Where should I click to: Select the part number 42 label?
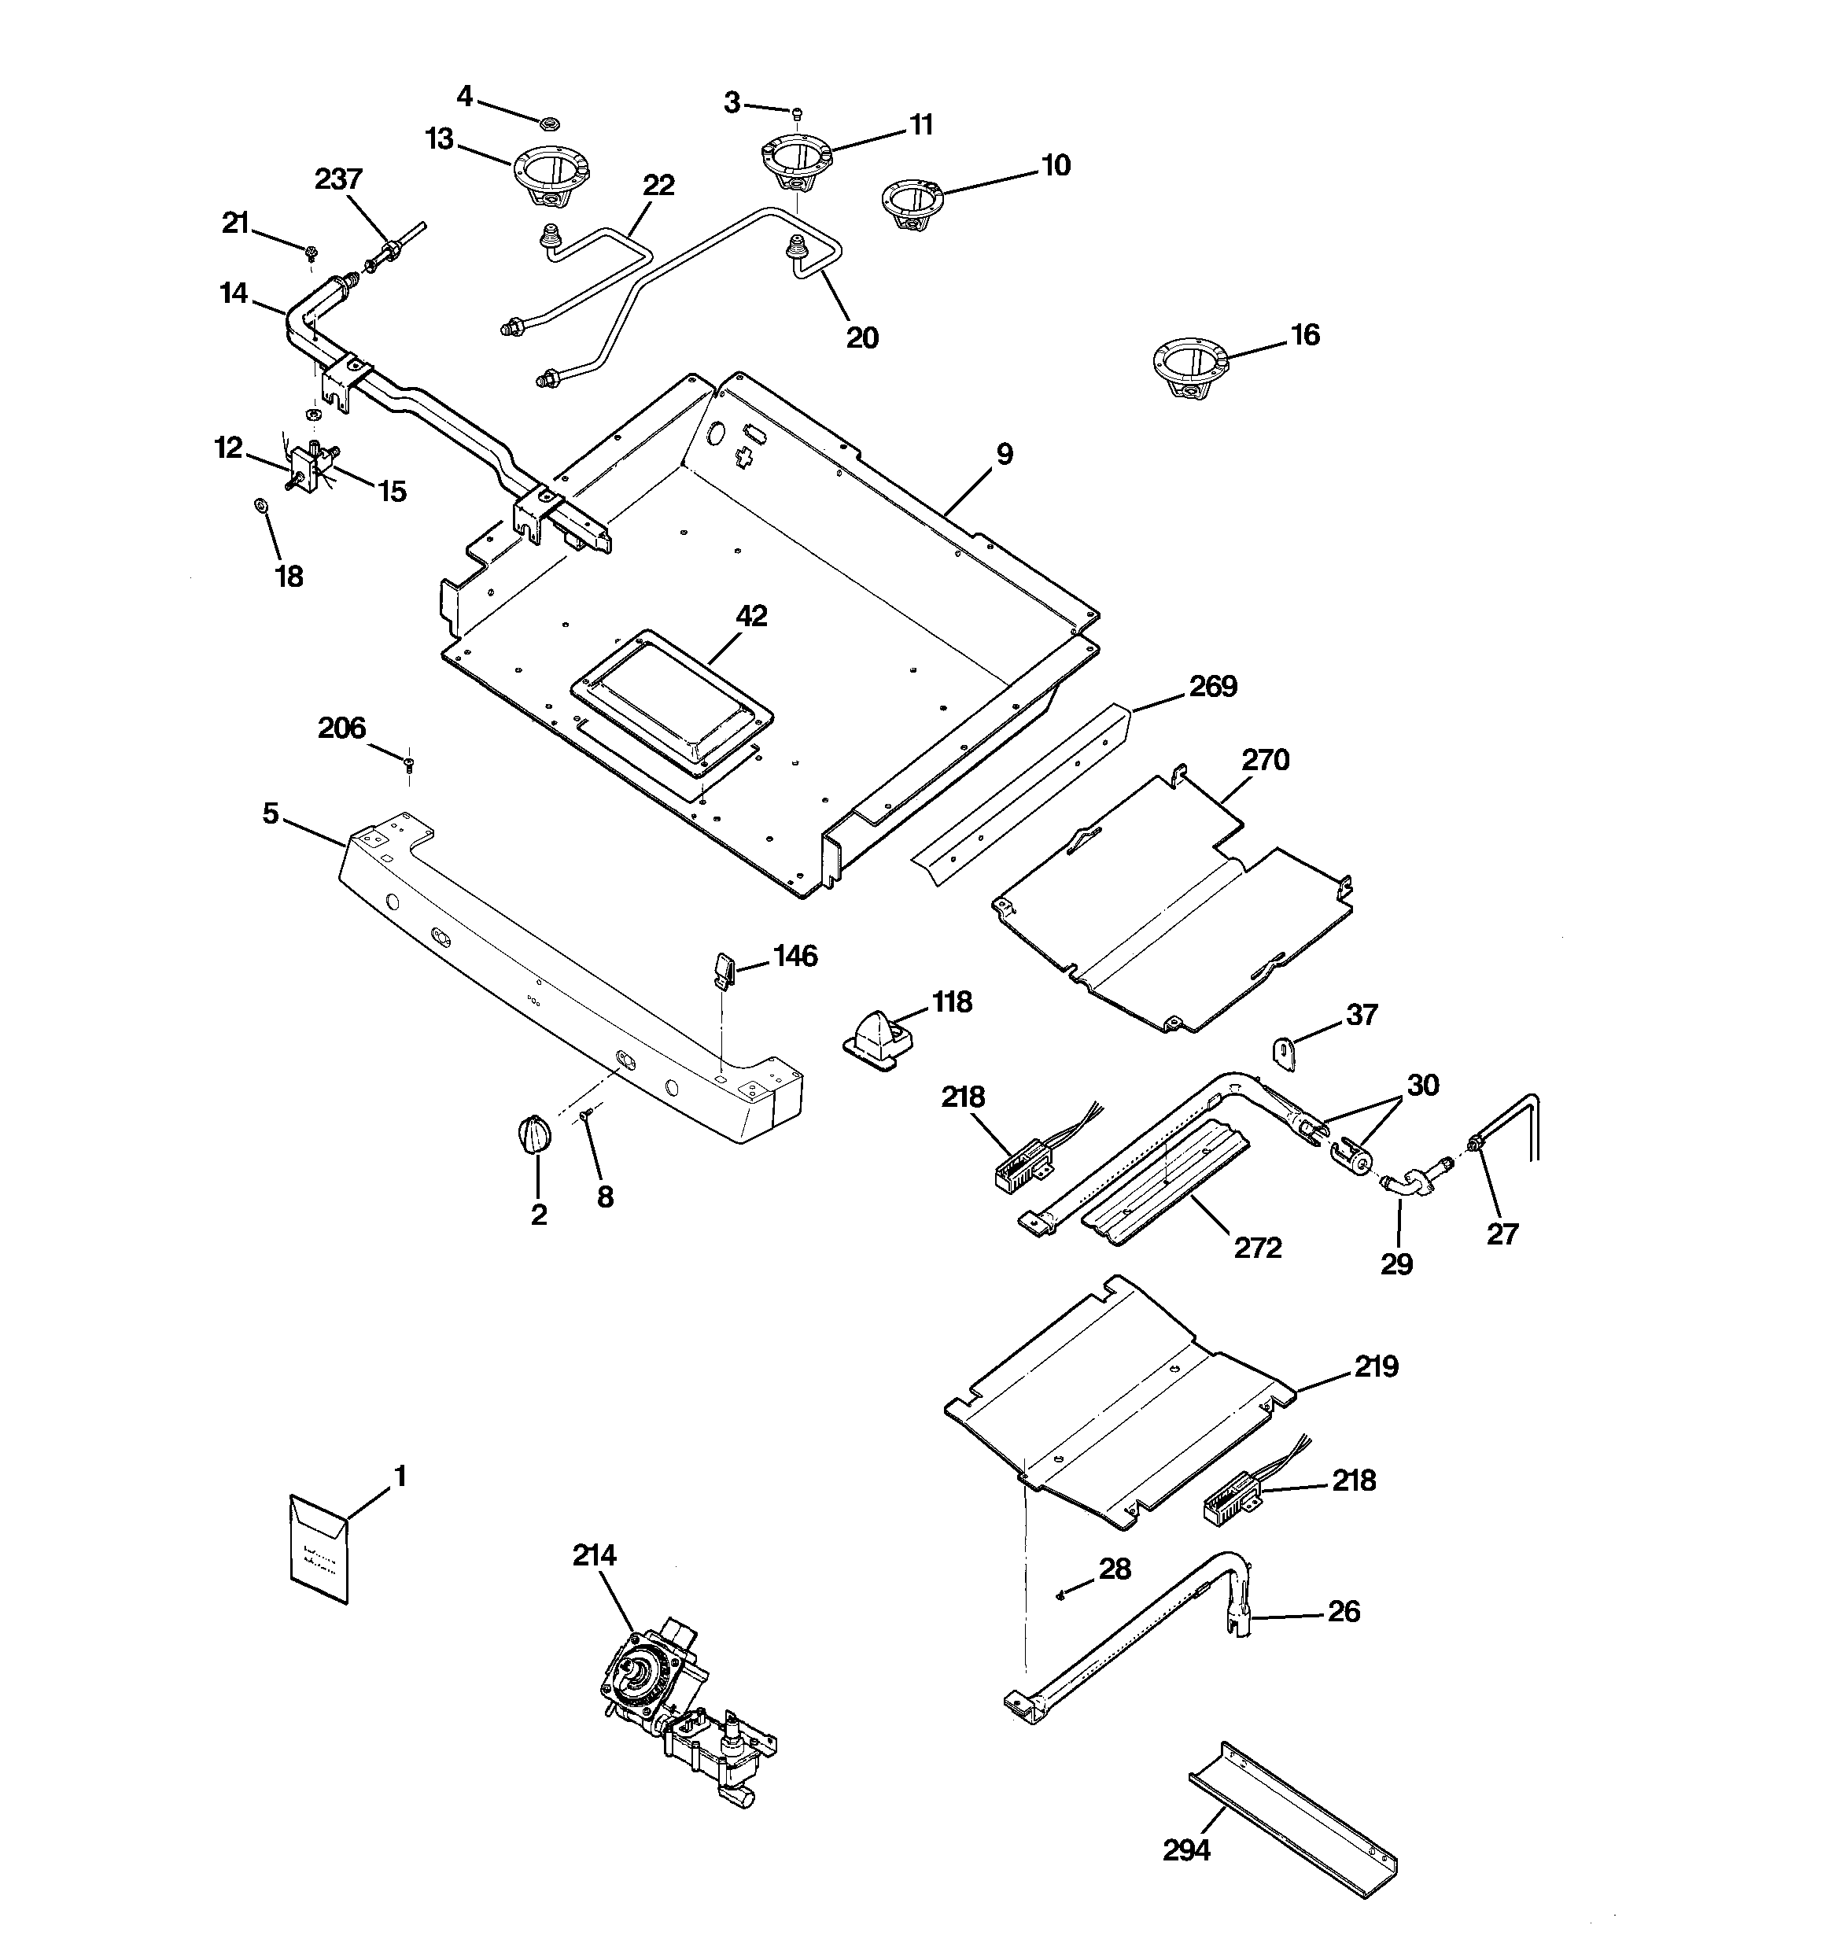[x=751, y=616]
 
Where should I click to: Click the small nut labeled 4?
[x=550, y=124]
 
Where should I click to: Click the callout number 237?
[x=338, y=179]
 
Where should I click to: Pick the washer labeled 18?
[x=260, y=504]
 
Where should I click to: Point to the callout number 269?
[x=1213, y=687]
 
